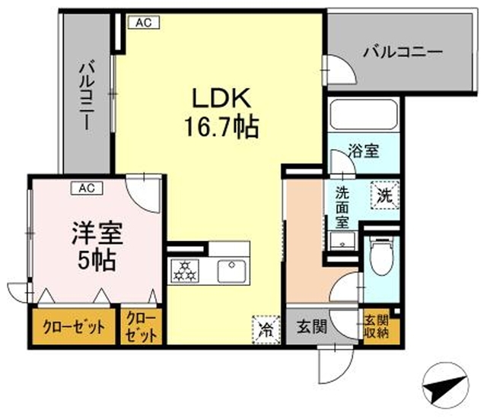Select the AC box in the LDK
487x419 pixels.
point(144,23)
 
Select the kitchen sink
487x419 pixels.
point(230,270)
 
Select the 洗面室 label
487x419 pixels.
point(343,206)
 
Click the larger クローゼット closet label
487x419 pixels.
point(74,327)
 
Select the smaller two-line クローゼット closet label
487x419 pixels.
point(141,326)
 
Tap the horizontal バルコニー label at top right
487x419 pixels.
point(403,52)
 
